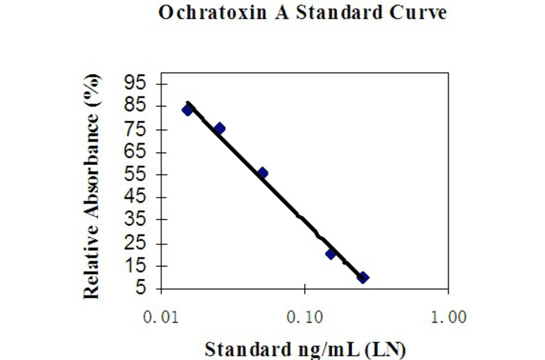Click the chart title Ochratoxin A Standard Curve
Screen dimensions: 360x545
pyautogui.click(x=302, y=13)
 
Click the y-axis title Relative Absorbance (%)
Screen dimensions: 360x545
pyautogui.click(x=91, y=187)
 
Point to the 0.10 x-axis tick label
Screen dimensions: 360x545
pyautogui.click(x=305, y=317)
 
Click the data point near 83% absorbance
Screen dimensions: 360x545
pyautogui.click(x=188, y=110)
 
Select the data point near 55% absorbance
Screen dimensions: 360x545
pyautogui.click(x=262, y=173)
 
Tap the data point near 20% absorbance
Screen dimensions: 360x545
pyautogui.click(x=331, y=253)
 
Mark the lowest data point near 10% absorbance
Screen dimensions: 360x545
pyautogui.click(x=363, y=278)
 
